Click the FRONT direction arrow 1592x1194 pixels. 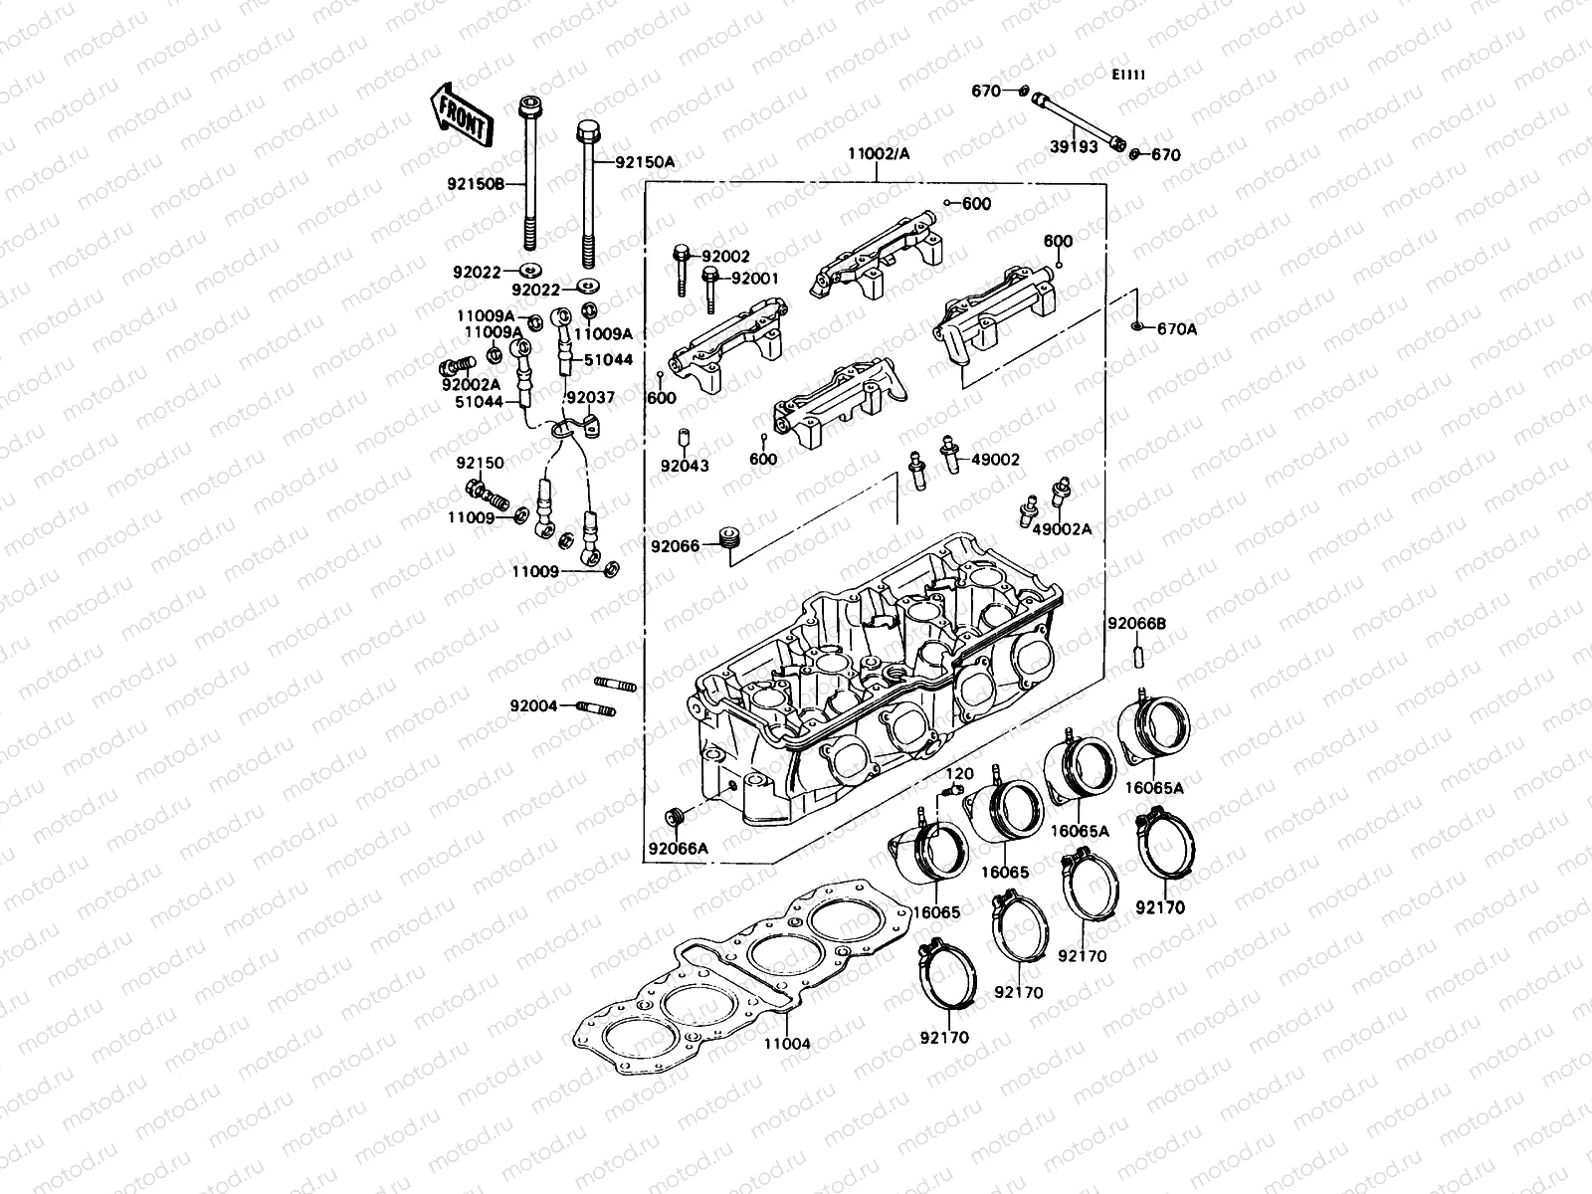[x=460, y=111]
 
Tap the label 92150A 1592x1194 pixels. [x=645, y=161]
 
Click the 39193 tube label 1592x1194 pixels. [x=1070, y=145]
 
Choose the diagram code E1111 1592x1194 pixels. [x=1128, y=75]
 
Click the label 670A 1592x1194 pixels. [x=1177, y=329]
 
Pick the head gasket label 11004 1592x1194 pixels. [x=787, y=1044]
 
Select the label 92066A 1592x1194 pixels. [x=679, y=849]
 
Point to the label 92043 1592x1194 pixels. [x=685, y=465]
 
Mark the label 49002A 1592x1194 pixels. [x=1062, y=528]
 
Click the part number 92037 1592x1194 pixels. [x=591, y=398]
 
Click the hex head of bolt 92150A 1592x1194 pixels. [x=587, y=130]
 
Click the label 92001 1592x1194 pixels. [x=755, y=280]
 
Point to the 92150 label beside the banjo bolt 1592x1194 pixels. [x=481, y=464]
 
